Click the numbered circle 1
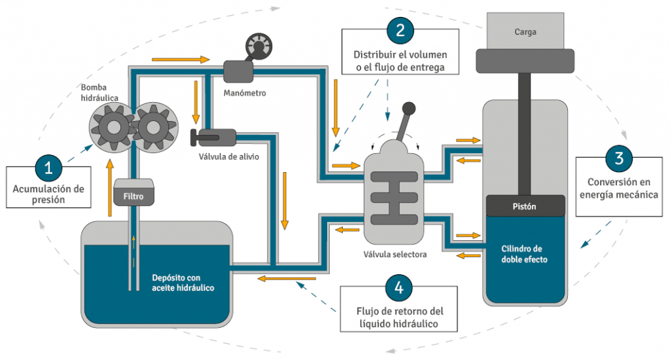coord(48,167)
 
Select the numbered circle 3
coord(618,158)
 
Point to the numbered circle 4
coord(399,287)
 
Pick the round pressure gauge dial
coord(256,46)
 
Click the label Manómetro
coord(244,93)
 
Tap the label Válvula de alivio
coord(229,156)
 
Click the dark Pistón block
coord(525,206)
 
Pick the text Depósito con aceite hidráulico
coord(183,282)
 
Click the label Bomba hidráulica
coord(99,92)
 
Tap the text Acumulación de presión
coord(48,194)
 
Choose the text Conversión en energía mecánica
coord(618,189)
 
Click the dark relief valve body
coord(215,137)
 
